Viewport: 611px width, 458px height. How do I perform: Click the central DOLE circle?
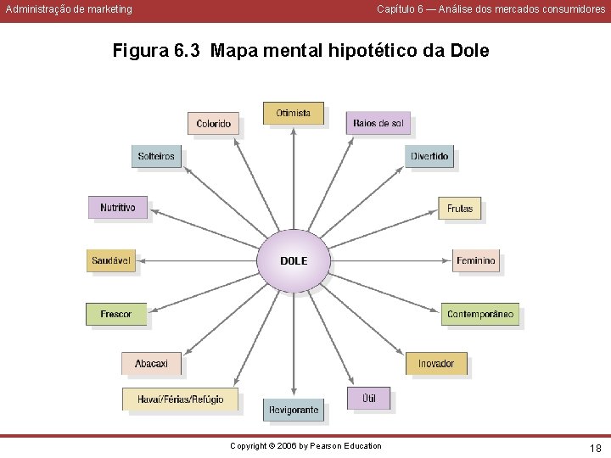(x=294, y=260)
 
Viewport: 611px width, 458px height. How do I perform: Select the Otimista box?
(x=293, y=113)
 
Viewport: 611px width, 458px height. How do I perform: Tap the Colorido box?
(x=213, y=124)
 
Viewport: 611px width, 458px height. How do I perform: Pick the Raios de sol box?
(x=378, y=124)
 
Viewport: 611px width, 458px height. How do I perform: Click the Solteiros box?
(x=156, y=156)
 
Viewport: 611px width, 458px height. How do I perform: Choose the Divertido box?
(x=429, y=156)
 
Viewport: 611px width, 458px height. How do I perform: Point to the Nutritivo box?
(x=117, y=208)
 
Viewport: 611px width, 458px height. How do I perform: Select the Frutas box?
(x=459, y=209)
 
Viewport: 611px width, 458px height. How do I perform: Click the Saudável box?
(x=111, y=260)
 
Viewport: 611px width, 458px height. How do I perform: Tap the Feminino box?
(x=475, y=260)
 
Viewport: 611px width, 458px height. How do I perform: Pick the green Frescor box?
(x=116, y=314)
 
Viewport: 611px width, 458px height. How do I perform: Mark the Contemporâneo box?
(x=479, y=314)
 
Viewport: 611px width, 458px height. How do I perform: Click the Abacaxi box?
(x=151, y=363)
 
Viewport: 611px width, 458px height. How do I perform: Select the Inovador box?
(x=435, y=363)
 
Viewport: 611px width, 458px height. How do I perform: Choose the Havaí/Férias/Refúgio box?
(x=180, y=399)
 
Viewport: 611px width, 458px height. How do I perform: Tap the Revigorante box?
(x=294, y=410)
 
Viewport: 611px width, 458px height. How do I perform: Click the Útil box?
(x=369, y=398)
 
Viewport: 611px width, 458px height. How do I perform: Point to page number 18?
(x=595, y=447)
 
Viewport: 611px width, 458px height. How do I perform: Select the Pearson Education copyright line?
(x=305, y=446)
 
